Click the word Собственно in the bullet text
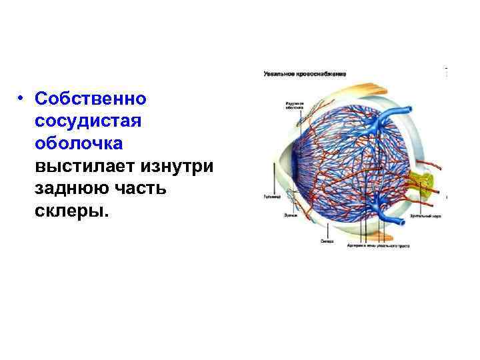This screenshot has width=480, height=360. pyautogui.click(x=91, y=99)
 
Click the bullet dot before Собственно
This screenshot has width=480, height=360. pyautogui.click(x=22, y=99)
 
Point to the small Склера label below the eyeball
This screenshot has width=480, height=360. pyautogui.click(x=327, y=241)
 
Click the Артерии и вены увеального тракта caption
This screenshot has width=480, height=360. pyautogui.click(x=378, y=245)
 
